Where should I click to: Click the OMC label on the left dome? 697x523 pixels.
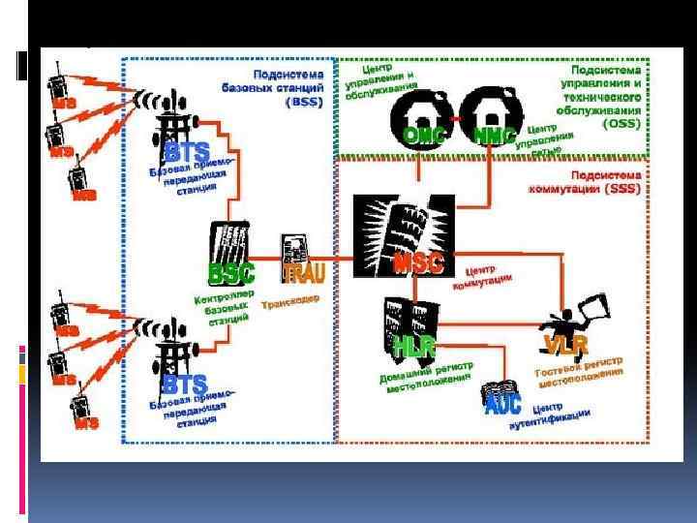click(423, 137)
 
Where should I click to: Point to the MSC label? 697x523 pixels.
click(418, 261)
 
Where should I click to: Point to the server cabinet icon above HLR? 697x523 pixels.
click(405, 315)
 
